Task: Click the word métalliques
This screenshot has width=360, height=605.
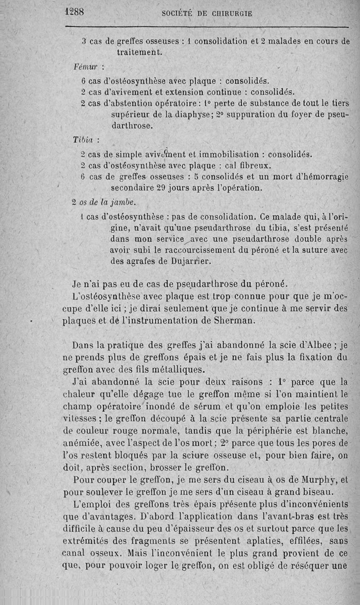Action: pyautogui.click(x=178, y=370)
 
